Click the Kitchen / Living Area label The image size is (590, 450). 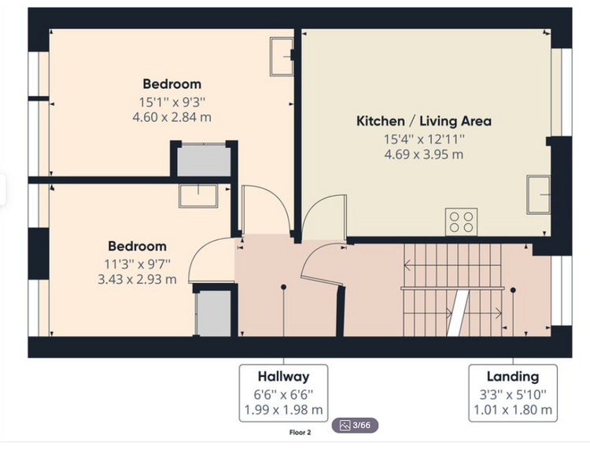pyautogui.click(x=424, y=121)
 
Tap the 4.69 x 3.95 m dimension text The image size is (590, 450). pyautogui.click(x=424, y=154)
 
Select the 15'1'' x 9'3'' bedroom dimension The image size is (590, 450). pyautogui.click(x=172, y=102)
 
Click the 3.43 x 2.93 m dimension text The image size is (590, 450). pyautogui.click(x=137, y=279)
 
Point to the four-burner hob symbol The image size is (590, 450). pyautogui.click(x=461, y=222)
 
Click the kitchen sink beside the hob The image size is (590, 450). pyautogui.click(x=538, y=194)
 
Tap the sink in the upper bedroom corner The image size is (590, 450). pyautogui.click(x=282, y=57)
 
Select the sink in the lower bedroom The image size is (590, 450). pyautogui.click(x=198, y=196)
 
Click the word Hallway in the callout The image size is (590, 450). pyautogui.click(x=283, y=376)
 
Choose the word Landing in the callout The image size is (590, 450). pyautogui.click(x=513, y=376)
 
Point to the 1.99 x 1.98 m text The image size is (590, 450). pyautogui.click(x=283, y=409)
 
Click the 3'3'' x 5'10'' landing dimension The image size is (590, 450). pyautogui.click(x=513, y=395)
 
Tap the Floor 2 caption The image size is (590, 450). pyautogui.click(x=300, y=433)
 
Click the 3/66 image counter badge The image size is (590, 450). pyautogui.click(x=355, y=426)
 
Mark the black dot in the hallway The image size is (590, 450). pyautogui.click(x=283, y=287)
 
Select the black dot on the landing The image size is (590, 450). pyautogui.click(x=513, y=290)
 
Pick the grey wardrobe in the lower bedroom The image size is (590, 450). pyautogui.click(x=214, y=314)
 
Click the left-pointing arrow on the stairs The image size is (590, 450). pyautogui.click(x=452, y=266)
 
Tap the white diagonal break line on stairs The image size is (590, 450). pyautogui.click(x=458, y=313)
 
